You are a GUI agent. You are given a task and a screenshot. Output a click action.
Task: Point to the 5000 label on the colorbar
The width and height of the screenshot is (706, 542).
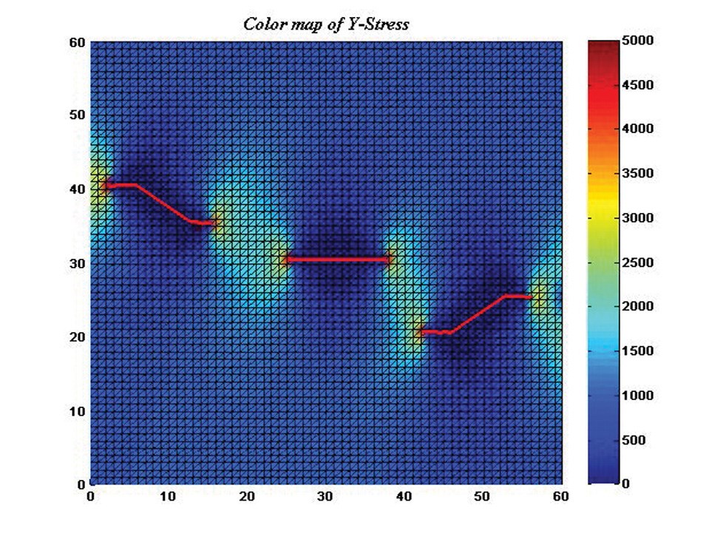click(x=637, y=42)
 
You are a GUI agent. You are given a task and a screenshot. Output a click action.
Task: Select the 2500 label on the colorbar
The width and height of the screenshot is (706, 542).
click(x=637, y=263)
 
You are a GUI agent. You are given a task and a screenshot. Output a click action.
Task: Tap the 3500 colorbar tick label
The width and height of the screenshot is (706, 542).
click(x=637, y=175)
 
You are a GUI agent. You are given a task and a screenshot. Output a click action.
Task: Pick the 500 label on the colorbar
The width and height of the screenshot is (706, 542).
click(x=634, y=441)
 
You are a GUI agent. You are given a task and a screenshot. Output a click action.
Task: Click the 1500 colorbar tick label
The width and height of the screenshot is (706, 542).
click(x=637, y=352)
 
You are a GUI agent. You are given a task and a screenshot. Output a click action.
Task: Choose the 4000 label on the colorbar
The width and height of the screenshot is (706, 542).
click(x=637, y=129)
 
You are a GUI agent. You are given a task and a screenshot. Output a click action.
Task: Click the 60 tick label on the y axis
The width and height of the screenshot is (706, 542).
click(x=76, y=42)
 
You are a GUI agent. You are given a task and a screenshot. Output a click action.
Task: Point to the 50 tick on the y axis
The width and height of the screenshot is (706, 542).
click(x=76, y=115)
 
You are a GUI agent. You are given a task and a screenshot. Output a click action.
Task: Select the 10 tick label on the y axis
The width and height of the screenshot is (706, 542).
click(x=76, y=411)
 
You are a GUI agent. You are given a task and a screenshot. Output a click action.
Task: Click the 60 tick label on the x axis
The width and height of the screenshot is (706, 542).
click(x=560, y=497)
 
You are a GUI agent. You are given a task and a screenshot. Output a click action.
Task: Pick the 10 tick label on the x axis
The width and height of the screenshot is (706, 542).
click(x=169, y=497)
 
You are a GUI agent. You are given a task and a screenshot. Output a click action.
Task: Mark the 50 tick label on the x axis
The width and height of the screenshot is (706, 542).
click(x=482, y=497)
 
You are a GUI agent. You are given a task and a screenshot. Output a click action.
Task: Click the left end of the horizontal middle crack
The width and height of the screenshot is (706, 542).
click(x=286, y=260)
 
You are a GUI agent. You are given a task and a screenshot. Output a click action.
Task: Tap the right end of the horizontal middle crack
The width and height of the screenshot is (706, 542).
click(x=390, y=260)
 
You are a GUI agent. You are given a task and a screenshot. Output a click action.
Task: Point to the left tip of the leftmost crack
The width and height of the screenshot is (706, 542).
click(x=106, y=186)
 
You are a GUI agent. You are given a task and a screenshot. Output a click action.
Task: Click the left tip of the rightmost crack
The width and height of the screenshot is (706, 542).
click(x=419, y=332)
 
